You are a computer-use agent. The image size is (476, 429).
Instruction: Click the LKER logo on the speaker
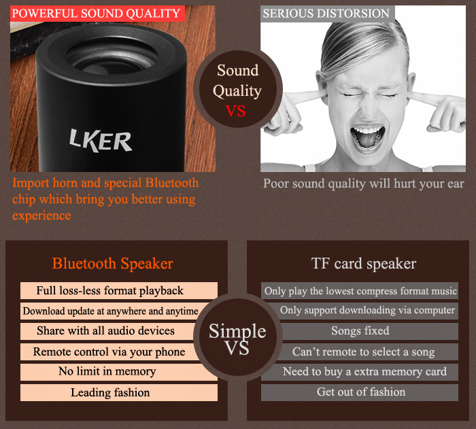tap(101, 140)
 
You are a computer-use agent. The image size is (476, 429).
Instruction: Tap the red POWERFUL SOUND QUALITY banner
tap(97, 14)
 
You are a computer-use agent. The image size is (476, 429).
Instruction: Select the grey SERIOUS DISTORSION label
tap(328, 14)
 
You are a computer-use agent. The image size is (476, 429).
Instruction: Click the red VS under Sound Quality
tap(235, 111)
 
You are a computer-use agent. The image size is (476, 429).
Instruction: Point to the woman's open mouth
tap(367, 137)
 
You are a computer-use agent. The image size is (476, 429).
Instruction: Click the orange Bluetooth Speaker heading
tap(113, 263)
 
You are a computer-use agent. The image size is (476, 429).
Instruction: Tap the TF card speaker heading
tap(364, 263)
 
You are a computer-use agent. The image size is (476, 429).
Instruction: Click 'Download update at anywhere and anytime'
tap(110, 311)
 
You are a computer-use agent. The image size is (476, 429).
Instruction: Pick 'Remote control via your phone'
tap(109, 351)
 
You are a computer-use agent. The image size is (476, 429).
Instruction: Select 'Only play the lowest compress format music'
tap(360, 290)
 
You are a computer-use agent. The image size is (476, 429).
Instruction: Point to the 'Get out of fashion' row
tap(360, 392)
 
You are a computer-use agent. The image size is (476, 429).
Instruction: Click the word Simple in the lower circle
tap(237, 331)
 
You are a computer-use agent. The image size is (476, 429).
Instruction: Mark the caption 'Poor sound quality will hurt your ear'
tap(363, 184)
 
